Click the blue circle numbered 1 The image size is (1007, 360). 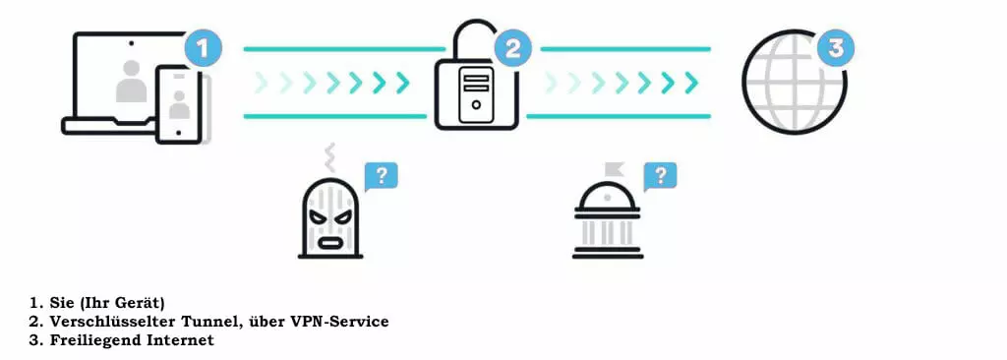point(203,49)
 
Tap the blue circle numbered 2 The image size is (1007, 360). point(512,49)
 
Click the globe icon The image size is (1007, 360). point(794,83)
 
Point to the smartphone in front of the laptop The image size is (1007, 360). point(179,103)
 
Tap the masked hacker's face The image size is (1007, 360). point(330,218)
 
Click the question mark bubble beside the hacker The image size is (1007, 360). point(381,176)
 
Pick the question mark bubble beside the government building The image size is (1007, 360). point(660,175)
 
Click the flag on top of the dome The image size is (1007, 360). point(614,169)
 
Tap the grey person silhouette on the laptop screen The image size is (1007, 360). point(132,81)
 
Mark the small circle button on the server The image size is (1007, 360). point(476,104)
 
